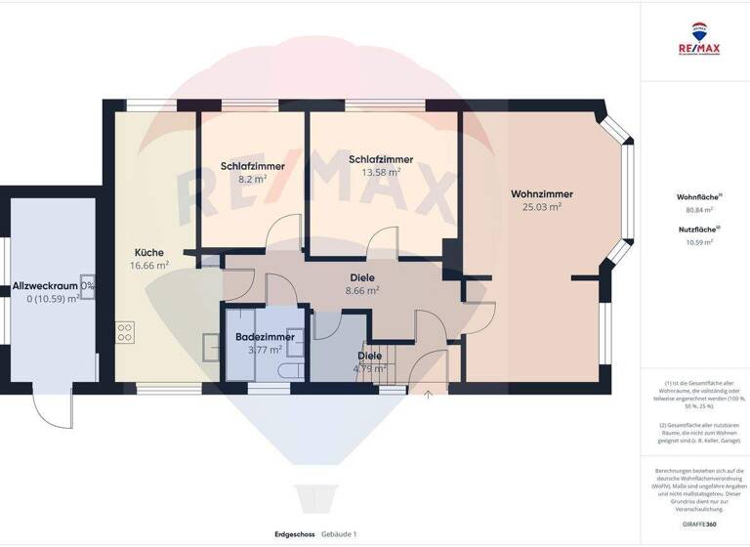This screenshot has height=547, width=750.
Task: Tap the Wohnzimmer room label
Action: (542, 193)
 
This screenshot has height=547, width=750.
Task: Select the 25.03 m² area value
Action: (542, 207)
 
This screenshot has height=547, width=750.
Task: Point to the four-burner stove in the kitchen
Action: (125, 332)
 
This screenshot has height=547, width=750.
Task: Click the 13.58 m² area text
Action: (380, 172)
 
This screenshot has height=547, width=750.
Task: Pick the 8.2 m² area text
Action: (253, 179)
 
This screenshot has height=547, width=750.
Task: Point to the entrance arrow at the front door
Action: (427, 395)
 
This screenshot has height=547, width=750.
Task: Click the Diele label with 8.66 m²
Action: (363, 277)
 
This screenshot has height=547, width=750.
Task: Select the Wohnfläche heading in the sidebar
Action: (694, 197)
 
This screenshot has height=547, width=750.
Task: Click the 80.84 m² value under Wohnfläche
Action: (694, 209)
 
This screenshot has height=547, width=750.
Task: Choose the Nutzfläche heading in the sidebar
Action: (694, 230)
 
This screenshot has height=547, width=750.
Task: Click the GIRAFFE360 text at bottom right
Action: (694, 525)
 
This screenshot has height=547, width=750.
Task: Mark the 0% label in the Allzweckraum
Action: (88, 285)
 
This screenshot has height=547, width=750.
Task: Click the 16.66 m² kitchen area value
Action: (149, 265)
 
